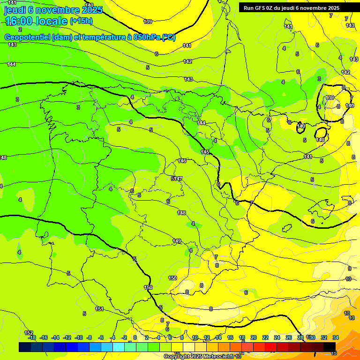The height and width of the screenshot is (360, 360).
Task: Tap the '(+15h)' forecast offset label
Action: pyautogui.click(x=81, y=21)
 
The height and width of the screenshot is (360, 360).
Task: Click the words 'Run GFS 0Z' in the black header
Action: pyautogui.click(x=259, y=8)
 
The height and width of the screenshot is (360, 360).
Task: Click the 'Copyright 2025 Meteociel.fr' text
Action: pyautogui.click(x=199, y=356)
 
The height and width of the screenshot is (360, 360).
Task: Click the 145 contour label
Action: pyautogui.click(x=205, y=152)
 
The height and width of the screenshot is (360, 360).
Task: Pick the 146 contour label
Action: pyautogui.click(x=182, y=161)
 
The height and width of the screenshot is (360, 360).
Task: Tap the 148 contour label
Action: pyautogui.click(x=181, y=213)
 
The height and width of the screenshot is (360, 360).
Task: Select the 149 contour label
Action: pyautogui.click(x=177, y=241)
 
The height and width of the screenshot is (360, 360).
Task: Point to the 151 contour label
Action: pyautogui.click(x=99, y=309)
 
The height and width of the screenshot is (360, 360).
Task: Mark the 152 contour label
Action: pyautogui.click(x=29, y=333)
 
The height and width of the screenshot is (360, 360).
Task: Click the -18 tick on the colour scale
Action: pyautogui.click(x=32, y=337)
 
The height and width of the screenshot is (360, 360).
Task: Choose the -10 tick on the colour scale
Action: pyautogui.click(x=79, y=337)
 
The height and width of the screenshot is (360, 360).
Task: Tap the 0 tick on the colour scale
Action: pyautogui.click(x=135, y=337)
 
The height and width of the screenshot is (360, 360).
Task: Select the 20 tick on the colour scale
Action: pyautogui.click(x=254, y=337)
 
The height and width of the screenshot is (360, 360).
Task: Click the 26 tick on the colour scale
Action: pyautogui.click(x=289, y=337)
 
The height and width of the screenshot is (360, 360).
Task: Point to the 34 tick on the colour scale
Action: pyautogui.click(x=336, y=337)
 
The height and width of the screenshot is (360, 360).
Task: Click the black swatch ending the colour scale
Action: pyautogui.click(x=330, y=347)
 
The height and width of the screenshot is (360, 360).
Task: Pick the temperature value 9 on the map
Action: pyautogui.click(x=350, y=269)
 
